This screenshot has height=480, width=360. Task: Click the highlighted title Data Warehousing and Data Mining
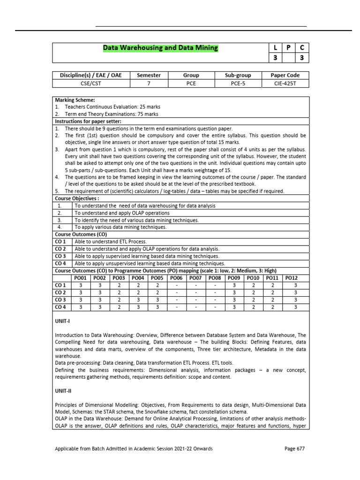pos(160,48)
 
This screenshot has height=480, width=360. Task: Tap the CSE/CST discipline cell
pos(91,83)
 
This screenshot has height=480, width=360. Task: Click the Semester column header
pos(149,75)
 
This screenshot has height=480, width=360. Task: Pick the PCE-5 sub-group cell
pos(238,83)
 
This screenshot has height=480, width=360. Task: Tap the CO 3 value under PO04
pos(138,300)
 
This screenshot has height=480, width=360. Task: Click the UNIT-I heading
pos(62,322)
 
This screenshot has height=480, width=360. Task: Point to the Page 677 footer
pos(294,449)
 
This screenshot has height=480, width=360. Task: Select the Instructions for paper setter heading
pos(88,121)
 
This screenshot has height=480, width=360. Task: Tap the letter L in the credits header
pos(274,48)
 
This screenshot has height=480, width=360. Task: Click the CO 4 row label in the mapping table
pos(60,307)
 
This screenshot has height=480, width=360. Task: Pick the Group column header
pos(191,75)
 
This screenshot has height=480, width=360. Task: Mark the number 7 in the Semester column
pos(149,83)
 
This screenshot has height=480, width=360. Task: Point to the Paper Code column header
pos(285,75)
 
